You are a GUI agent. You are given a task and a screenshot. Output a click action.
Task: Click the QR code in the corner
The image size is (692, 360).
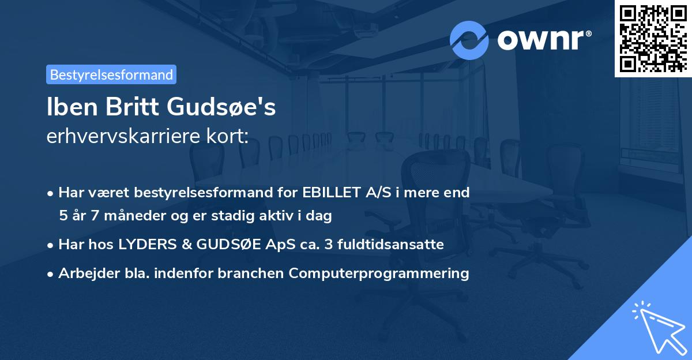[653, 38]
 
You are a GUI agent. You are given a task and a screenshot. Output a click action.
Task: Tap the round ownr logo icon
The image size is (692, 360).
[469, 40]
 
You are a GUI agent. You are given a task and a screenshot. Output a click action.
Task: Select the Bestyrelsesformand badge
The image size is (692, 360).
[111, 74]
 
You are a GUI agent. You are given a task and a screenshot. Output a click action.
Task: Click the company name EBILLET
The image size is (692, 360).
[330, 193]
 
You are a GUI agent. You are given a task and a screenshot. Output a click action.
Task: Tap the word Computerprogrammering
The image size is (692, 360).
[379, 273]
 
